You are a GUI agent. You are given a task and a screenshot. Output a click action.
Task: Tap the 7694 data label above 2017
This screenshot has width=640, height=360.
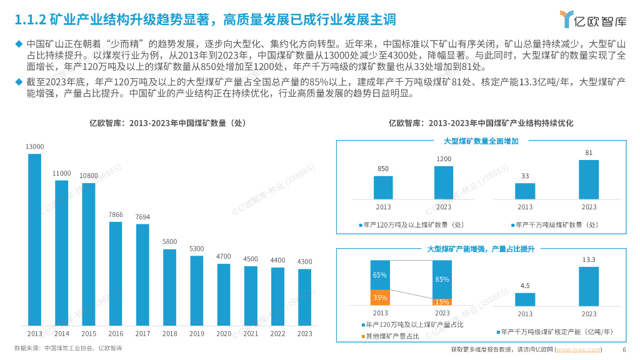pyautogui.click(x=142, y=217)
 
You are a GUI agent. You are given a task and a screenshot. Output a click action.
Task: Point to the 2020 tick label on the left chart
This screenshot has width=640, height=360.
pyautogui.click(x=223, y=334)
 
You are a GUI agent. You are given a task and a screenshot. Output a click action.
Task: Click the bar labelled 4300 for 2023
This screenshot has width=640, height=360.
pyautogui.click(x=304, y=297)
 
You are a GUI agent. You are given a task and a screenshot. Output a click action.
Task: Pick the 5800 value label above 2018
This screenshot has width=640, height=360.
pyautogui.click(x=169, y=241)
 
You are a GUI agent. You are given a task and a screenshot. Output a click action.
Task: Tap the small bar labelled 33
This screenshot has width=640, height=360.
pyautogui.click(x=525, y=191)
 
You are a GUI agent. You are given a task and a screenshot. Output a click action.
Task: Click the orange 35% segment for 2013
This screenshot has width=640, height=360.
pyautogui.click(x=380, y=297)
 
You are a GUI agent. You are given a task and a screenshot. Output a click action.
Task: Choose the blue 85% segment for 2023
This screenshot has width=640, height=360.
pyautogui.click(x=442, y=279)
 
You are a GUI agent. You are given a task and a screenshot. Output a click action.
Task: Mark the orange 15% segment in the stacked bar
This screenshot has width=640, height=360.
pyautogui.click(x=442, y=302)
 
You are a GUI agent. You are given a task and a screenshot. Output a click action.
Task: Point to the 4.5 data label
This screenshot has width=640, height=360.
pyautogui.click(x=525, y=285)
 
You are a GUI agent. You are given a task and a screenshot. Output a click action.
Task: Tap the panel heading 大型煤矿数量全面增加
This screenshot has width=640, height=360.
pyautogui.click(x=481, y=141)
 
